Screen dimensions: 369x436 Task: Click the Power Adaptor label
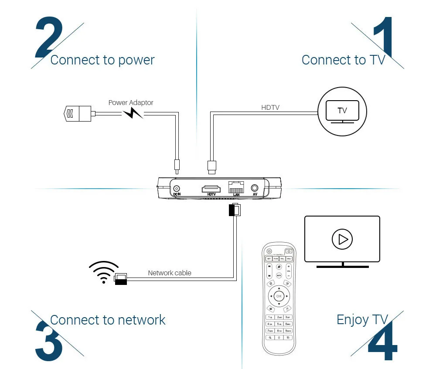(131, 103)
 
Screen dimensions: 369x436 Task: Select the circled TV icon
(342, 112)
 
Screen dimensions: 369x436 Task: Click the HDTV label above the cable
(270, 107)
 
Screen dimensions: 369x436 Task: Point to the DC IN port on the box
(177, 188)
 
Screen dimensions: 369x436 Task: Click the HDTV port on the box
(211, 189)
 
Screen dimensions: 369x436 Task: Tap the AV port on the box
(255, 188)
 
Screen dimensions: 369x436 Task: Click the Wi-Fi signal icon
(104, 272)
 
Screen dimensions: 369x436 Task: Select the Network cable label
(170, 273)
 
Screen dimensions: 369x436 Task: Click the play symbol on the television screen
(342, 239)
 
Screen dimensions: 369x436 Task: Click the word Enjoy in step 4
(353, 320)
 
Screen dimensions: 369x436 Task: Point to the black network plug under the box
(234, 210)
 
